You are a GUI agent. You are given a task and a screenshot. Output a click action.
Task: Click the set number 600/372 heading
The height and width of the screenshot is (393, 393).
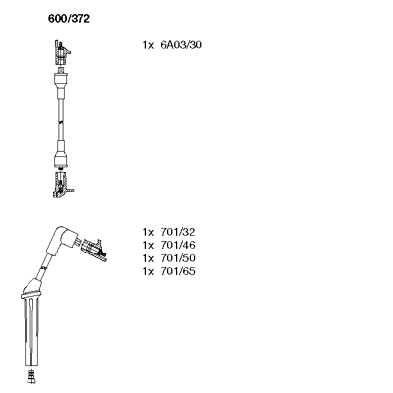pyautogui.click(x=69, y=19)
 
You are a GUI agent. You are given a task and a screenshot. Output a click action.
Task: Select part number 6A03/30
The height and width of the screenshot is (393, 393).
pyautogui.click(x=181, y=45)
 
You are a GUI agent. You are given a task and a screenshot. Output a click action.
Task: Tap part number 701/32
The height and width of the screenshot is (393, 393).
pyautogui.click(x=178, y=232)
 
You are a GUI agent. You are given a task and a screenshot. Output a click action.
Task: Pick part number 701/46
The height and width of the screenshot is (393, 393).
pyautogui.click(x=178, y=245)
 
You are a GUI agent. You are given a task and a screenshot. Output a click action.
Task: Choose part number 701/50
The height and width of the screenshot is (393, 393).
pyautogui.click(x=178, y=258)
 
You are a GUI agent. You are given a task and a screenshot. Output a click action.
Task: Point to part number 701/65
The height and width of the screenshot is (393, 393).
pyautogui.click(x=178, y=271)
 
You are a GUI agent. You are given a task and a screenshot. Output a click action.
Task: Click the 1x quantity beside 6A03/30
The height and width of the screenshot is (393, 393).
pyautogui.click(x=148, y=45)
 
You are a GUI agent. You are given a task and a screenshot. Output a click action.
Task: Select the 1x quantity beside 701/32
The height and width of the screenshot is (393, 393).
pyautogui.click(x=148, y=233)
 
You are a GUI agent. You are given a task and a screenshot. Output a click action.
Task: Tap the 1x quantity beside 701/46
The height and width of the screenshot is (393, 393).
pyautogui.click(x=148, y=246)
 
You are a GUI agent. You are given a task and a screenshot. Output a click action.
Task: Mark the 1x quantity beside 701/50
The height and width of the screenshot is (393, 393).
pyautogui.click(x=148, y=258)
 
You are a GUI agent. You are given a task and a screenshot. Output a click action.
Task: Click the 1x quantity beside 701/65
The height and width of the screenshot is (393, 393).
pyautogui.click(x=148, y=272)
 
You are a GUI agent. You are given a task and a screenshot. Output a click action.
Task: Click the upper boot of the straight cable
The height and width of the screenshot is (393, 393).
pyautogui.click(x=61, y=84)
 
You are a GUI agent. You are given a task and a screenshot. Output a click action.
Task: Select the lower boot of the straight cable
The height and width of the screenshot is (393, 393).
pyautogui.click(x=61, y=154)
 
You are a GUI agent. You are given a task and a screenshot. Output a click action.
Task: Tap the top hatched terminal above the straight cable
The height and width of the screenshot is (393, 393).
pyautogui.click(x=62, y=52)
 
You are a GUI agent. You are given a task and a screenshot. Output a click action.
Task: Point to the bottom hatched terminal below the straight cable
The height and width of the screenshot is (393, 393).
pyautogui.click(x=62, y=184)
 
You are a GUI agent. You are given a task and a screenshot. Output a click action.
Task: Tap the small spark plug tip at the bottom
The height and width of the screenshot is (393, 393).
pyautogui.click(x=31, y=376)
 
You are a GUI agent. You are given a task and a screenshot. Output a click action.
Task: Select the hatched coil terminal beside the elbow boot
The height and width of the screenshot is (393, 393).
pyautogui.click(x=93, y=250)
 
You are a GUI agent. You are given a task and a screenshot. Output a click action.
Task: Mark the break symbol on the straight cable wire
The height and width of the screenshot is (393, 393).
pyautogui.click(x=61, y=122)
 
